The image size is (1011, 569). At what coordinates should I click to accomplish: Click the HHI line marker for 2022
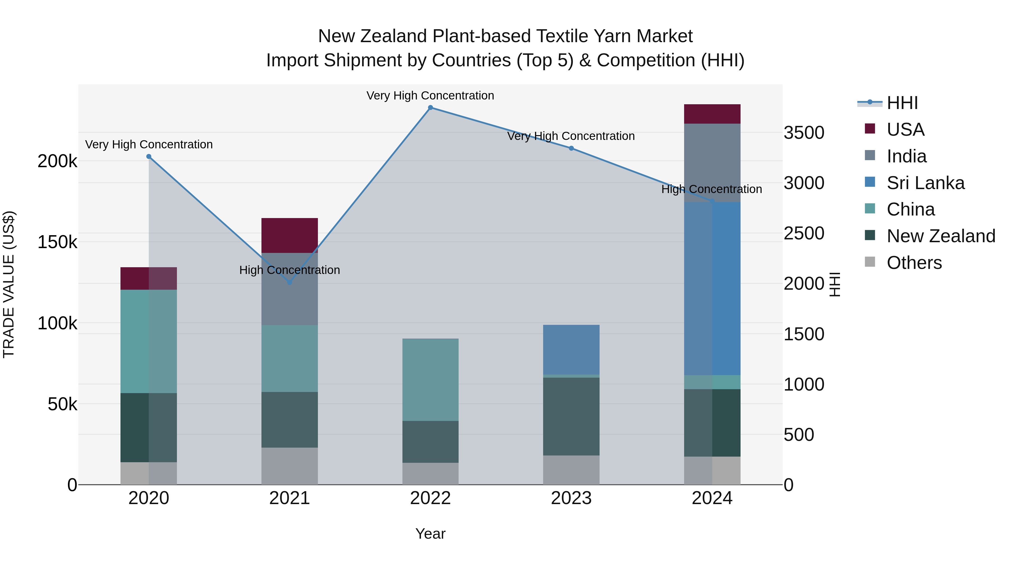point(430,108)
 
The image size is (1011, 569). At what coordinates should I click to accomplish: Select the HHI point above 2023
point(571,148)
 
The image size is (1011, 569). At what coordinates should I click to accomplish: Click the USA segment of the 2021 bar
point(289,235)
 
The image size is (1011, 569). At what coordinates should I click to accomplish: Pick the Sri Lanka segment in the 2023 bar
point(571,350)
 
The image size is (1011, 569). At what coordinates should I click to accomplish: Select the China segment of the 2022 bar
point(430,379)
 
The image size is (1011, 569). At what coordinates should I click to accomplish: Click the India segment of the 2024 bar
point(712,163)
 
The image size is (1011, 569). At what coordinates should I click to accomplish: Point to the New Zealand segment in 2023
point(571,416)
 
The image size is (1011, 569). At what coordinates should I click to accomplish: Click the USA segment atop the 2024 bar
point(712,114)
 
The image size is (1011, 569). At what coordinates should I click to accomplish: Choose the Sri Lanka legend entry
point(925,183)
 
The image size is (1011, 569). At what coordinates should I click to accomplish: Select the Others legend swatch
point(870,262)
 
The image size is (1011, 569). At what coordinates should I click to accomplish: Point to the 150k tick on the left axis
point(57,242)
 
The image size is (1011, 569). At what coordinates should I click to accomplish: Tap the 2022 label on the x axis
point(430,498)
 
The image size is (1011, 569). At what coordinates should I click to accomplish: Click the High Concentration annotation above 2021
point(289,270)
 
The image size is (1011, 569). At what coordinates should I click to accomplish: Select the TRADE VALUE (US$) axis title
point(9,284)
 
